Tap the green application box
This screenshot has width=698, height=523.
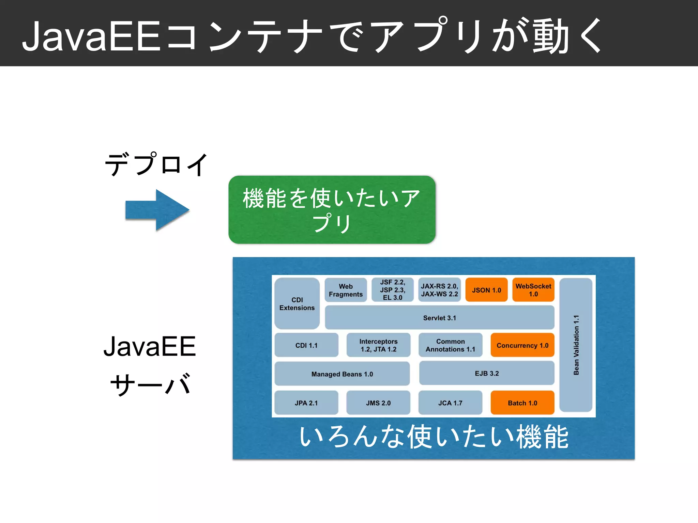332,210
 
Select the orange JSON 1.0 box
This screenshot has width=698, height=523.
486,290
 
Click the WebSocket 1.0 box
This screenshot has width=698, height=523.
533,290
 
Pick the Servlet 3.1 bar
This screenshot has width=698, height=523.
439,318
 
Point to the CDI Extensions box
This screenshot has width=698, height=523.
297,304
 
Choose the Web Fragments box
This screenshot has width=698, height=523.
346,290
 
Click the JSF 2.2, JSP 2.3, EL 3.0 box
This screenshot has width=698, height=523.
392,290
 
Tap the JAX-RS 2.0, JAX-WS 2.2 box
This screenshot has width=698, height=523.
439,290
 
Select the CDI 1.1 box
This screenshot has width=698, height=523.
306,345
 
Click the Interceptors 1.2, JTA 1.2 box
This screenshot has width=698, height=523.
378,345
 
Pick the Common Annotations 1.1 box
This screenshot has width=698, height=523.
450,345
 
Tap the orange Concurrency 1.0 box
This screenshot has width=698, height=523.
522,345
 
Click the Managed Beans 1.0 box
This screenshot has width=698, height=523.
342,374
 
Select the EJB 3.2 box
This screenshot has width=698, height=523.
487,373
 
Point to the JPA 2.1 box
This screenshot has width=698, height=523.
306,403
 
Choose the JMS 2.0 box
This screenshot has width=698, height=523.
378,403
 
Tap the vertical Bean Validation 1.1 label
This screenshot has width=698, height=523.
576,345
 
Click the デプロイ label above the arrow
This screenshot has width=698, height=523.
156,164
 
